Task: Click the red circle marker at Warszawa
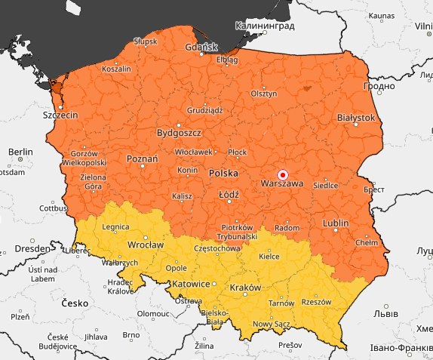(283, 173)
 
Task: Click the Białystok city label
(356, 118)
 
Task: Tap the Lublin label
(335, 223)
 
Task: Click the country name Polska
(223, 174)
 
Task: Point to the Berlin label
(20, 152)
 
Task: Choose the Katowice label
(188, 284)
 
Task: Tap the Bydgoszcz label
(178, 133)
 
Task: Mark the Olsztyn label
(264, 94)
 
